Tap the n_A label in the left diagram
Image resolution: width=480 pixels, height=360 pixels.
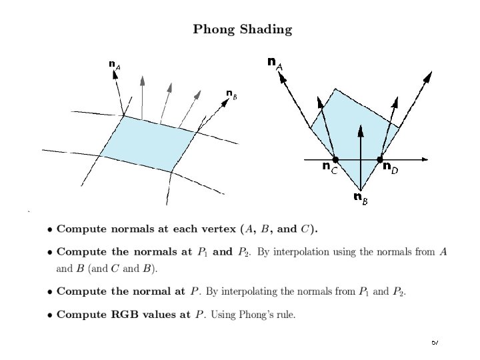click(x=115, y=65)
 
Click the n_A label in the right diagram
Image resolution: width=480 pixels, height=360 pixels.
click(x=274, y=63)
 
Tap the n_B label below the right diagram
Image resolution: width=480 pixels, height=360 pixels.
click(x=360, y=197)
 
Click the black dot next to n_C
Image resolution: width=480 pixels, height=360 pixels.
click(x=335, y=160)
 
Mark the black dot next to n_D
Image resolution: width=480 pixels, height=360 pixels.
click(x=379, y=160)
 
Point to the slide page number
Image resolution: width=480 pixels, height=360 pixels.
click(x=434, y=342)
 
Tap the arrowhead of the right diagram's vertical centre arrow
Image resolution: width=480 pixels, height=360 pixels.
click(x=360, y=131)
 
